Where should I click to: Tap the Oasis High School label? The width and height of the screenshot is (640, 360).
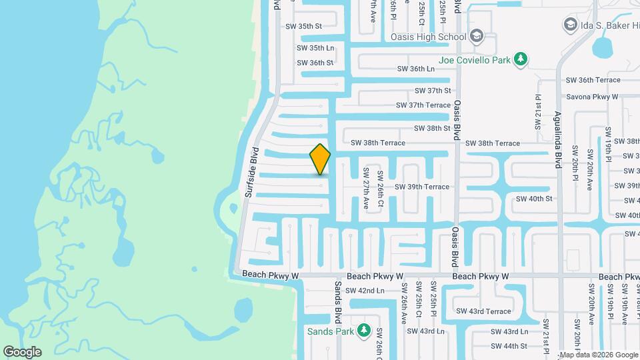(x=429, y=36)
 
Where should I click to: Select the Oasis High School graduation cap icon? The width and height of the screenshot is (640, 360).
(x=477, y=35)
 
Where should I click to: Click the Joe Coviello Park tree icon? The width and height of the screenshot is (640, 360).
(x=521, y=60)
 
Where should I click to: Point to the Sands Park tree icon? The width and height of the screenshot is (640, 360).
(x=363, y=330)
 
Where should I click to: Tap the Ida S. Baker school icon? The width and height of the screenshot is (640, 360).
(x=569, y=25)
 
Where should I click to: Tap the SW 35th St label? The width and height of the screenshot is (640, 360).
(x=303, y=27)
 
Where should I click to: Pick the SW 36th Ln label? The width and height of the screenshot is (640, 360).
(x=416, y=69)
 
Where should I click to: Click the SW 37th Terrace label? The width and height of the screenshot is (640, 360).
(x=423, y=105)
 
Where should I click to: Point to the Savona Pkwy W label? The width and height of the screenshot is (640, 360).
(x=592, y=97)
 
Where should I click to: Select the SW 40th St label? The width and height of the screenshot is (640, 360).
(x=534, y=199)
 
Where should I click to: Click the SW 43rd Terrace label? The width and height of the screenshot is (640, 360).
(x=483, y=311)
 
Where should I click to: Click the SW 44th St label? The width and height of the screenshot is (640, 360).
(x=509, y=346)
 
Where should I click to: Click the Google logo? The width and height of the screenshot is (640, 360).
(x=22, y=351)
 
